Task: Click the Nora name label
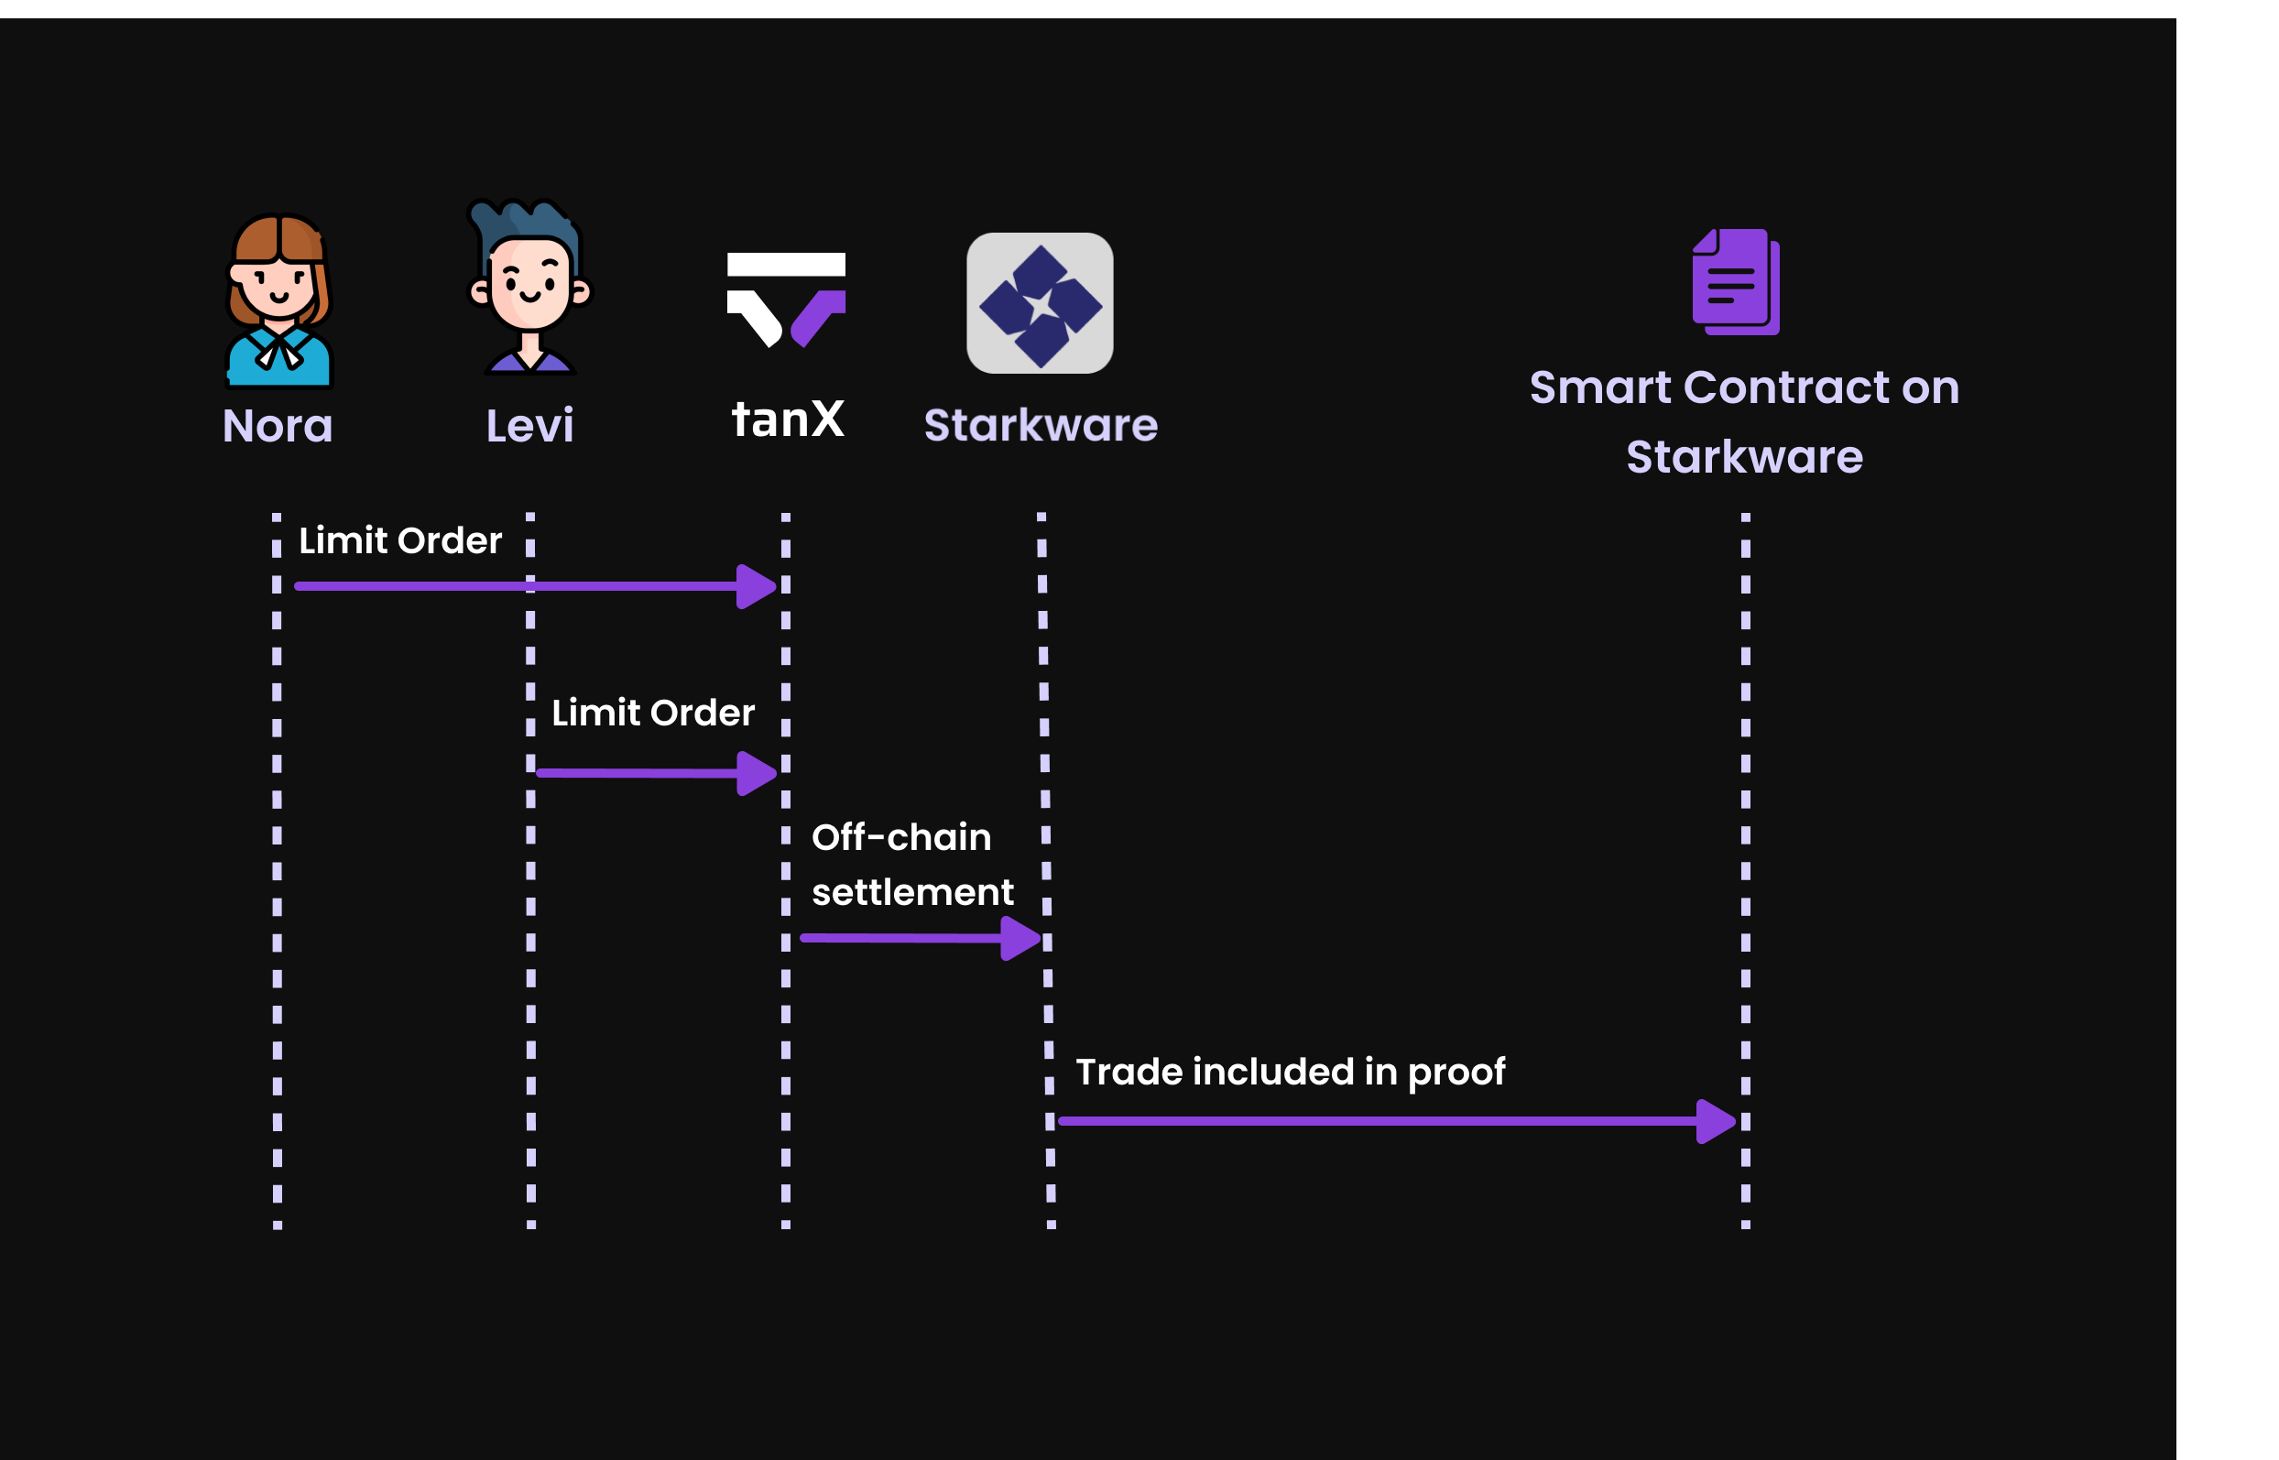[278, 427]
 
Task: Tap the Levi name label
[530, 427]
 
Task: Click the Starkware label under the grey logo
[1041, 425]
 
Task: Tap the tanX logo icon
[786, 299]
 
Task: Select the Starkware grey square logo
[1040, 303]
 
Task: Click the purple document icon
[1735, 281]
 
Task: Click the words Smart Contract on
[1744, 387]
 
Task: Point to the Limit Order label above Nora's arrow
[400, 540]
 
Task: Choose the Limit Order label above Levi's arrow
[653, 713]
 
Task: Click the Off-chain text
[901, 837]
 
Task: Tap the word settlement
[913, 892]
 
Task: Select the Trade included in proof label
[1291, 1072]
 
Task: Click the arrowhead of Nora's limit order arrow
[757, 587]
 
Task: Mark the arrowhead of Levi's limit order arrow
[757, 774]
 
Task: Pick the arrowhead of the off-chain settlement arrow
[1020, 939]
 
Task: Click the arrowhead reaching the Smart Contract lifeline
[1715, 1121]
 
